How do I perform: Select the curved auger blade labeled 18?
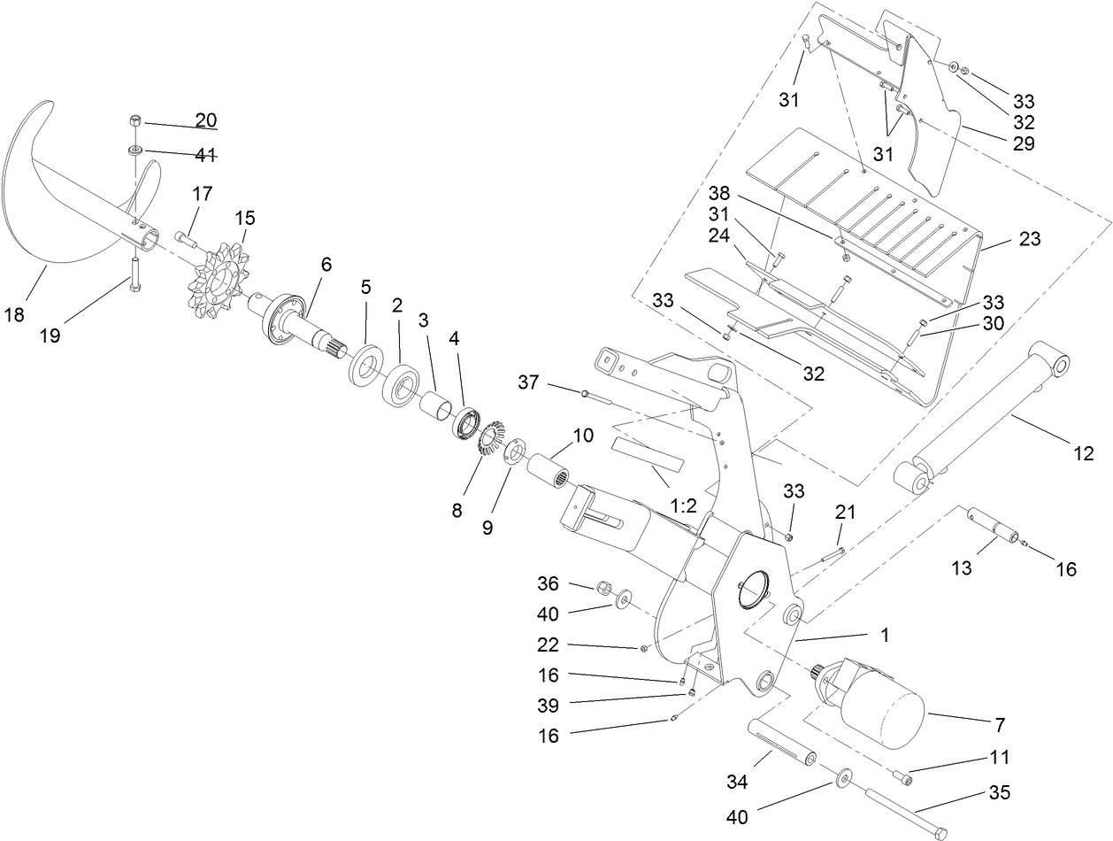[53, 195]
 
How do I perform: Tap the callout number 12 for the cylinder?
[1083, 454]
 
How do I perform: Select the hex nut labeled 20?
[135, 120]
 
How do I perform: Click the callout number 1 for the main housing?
[884, 636]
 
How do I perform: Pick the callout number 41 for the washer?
[205, 155]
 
